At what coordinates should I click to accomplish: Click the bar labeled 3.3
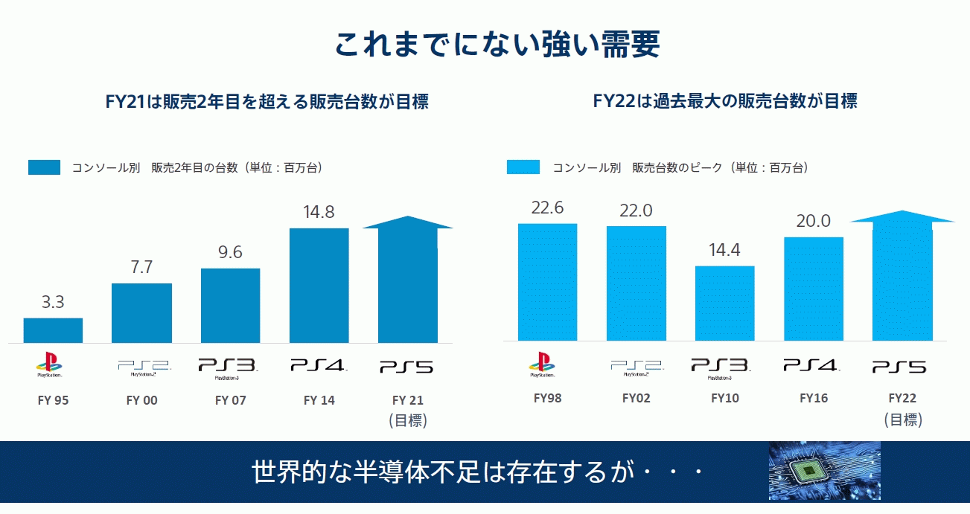tap(53, 330)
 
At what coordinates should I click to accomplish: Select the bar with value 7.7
tap(141, 313)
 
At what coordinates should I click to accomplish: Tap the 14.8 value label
tap(319, 212)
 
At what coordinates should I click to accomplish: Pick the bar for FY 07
tap(230, 306)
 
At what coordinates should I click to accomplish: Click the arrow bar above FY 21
tap(407, 283)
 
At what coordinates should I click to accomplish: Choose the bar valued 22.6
tap(547, 282)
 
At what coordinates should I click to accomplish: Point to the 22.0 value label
tap(636, 211)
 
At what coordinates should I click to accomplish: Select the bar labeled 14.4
tap(724, 303)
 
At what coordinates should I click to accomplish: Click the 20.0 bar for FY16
tap(814, 289)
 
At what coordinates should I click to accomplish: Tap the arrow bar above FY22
tap(902, 279)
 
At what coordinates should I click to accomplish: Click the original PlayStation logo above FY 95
tap(49, 364)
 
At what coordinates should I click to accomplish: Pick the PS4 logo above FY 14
tap(319, 365)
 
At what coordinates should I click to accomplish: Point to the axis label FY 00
tap(141, 400)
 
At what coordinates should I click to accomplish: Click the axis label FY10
tap(724, 398)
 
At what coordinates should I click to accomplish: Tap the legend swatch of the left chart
tap(44, 167)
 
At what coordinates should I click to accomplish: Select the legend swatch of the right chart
tap(523, 167)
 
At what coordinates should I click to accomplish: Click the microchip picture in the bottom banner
tap(824, 471)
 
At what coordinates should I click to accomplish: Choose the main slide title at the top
tap(497, 45)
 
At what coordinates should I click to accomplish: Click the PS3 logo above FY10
tap(721, 367)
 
